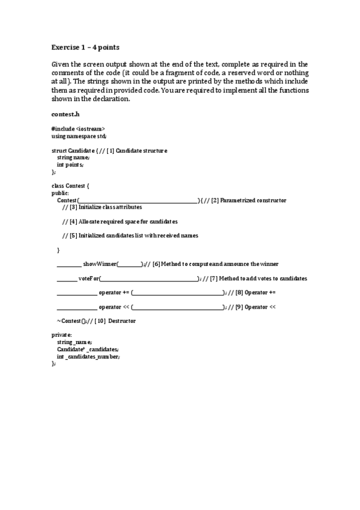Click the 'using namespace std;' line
pos(79,136)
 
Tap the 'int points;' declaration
pos(70,164)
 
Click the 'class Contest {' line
pos(70,186)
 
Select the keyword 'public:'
pos(60,193)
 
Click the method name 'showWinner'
pos(100,264)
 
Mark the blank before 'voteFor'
pos(67,278)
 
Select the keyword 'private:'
pos(62,335)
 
